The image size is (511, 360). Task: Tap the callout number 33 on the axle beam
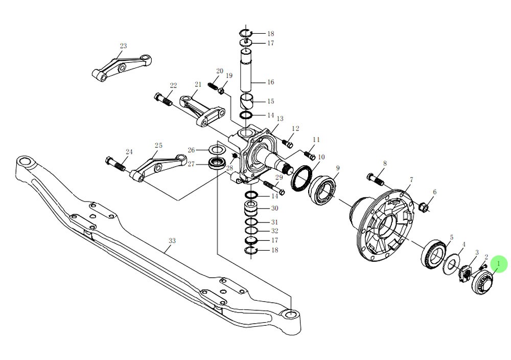tap(172, 240)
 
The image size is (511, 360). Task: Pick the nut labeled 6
tap(423, 207)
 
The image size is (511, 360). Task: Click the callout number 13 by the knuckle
tap(280, 119)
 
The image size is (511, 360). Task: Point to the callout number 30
tap(274, 208)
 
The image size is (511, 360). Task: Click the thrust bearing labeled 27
tap(218, 164)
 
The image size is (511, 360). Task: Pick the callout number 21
tap(198, 84)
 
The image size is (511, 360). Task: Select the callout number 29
tap(278, 177)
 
